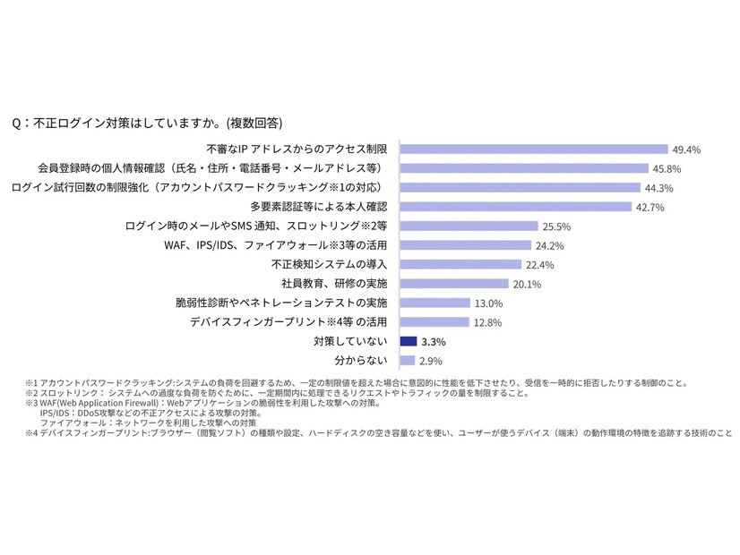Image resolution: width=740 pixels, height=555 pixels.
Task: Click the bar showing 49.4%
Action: tap(534, 149)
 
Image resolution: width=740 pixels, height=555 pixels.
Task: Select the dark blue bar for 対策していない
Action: tap(409, 341)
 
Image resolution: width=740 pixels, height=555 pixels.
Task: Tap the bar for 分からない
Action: tap(407, 361)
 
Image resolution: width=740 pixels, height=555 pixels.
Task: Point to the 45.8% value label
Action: tap(668, 168)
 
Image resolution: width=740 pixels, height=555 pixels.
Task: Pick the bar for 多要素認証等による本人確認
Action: tap(515, 207)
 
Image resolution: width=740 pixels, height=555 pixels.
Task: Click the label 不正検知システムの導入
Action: tap(329, 264)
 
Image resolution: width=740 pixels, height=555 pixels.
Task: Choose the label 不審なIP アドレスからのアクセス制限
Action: tap(297, 149)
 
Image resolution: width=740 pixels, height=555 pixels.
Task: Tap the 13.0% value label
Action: tap(489, 303)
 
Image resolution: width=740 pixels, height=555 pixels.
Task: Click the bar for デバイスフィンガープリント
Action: tap(434, 322)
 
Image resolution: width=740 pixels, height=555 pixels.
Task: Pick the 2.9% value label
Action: tap(432, 362)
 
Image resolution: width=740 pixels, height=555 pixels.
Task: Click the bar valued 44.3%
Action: tap(520, 188)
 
